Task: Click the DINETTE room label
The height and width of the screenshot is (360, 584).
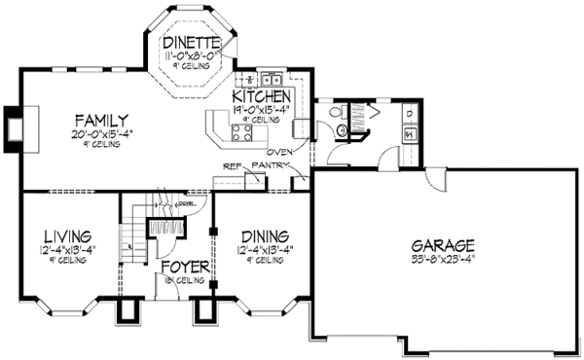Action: click(199, 42)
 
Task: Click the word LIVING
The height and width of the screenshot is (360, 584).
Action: click(67, 236)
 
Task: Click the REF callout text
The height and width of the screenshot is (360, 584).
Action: click(232, 166)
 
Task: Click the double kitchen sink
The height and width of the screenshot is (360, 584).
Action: click(269, 79)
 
